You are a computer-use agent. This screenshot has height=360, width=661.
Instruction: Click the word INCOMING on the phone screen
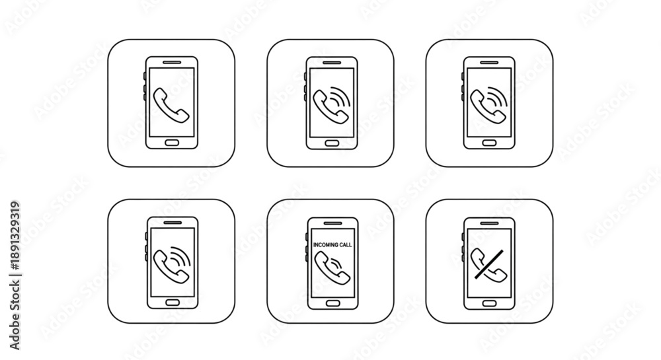click(327, 244)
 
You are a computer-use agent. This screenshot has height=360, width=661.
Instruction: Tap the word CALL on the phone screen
click(346, 244)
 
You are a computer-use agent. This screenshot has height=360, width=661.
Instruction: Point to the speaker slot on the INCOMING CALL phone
click(333, 223)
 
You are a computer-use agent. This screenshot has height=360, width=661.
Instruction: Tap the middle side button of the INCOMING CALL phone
click(307, 246)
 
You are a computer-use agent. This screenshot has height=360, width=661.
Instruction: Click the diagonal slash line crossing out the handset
click(489, 264)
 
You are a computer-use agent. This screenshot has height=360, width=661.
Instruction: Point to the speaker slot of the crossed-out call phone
click(489, 223)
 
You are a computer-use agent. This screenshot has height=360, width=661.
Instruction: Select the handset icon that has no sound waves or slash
click(171, 105)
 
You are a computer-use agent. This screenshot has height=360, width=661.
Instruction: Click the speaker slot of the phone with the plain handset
click(172, 62)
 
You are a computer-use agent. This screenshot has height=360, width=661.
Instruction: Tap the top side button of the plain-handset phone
click(145, 76)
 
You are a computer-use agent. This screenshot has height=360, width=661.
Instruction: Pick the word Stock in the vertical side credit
click(15, 295)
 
